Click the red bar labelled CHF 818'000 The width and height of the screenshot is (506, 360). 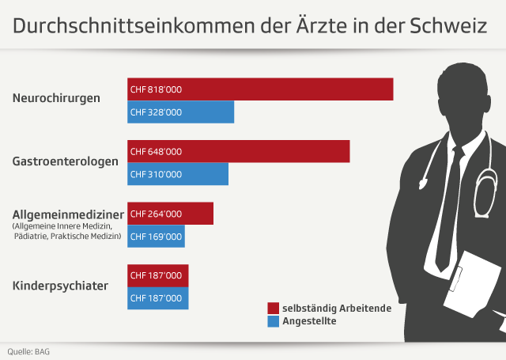tap(260, 89)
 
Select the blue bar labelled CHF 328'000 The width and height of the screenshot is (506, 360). tap(180, 112)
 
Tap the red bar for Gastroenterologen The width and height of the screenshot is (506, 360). tap(238, 151)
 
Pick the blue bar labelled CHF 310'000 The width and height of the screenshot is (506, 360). tap(178, 174)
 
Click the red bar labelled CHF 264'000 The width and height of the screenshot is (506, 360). tap(170, 214)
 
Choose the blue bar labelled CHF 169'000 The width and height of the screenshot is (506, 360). tap(156, 236)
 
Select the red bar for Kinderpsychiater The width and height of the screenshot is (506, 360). tap(158, 275)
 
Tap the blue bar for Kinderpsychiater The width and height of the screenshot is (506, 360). tap(158, 298)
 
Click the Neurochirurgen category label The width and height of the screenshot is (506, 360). tap(56, 99)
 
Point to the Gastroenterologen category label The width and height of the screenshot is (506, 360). tap(66, 161)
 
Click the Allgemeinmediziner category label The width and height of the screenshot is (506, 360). tap(69, 214)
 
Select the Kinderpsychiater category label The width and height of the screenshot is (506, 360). tap(60, 284)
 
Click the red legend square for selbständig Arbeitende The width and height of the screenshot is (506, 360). tap(274, 308)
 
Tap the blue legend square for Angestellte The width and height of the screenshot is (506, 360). tap(274, 321)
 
